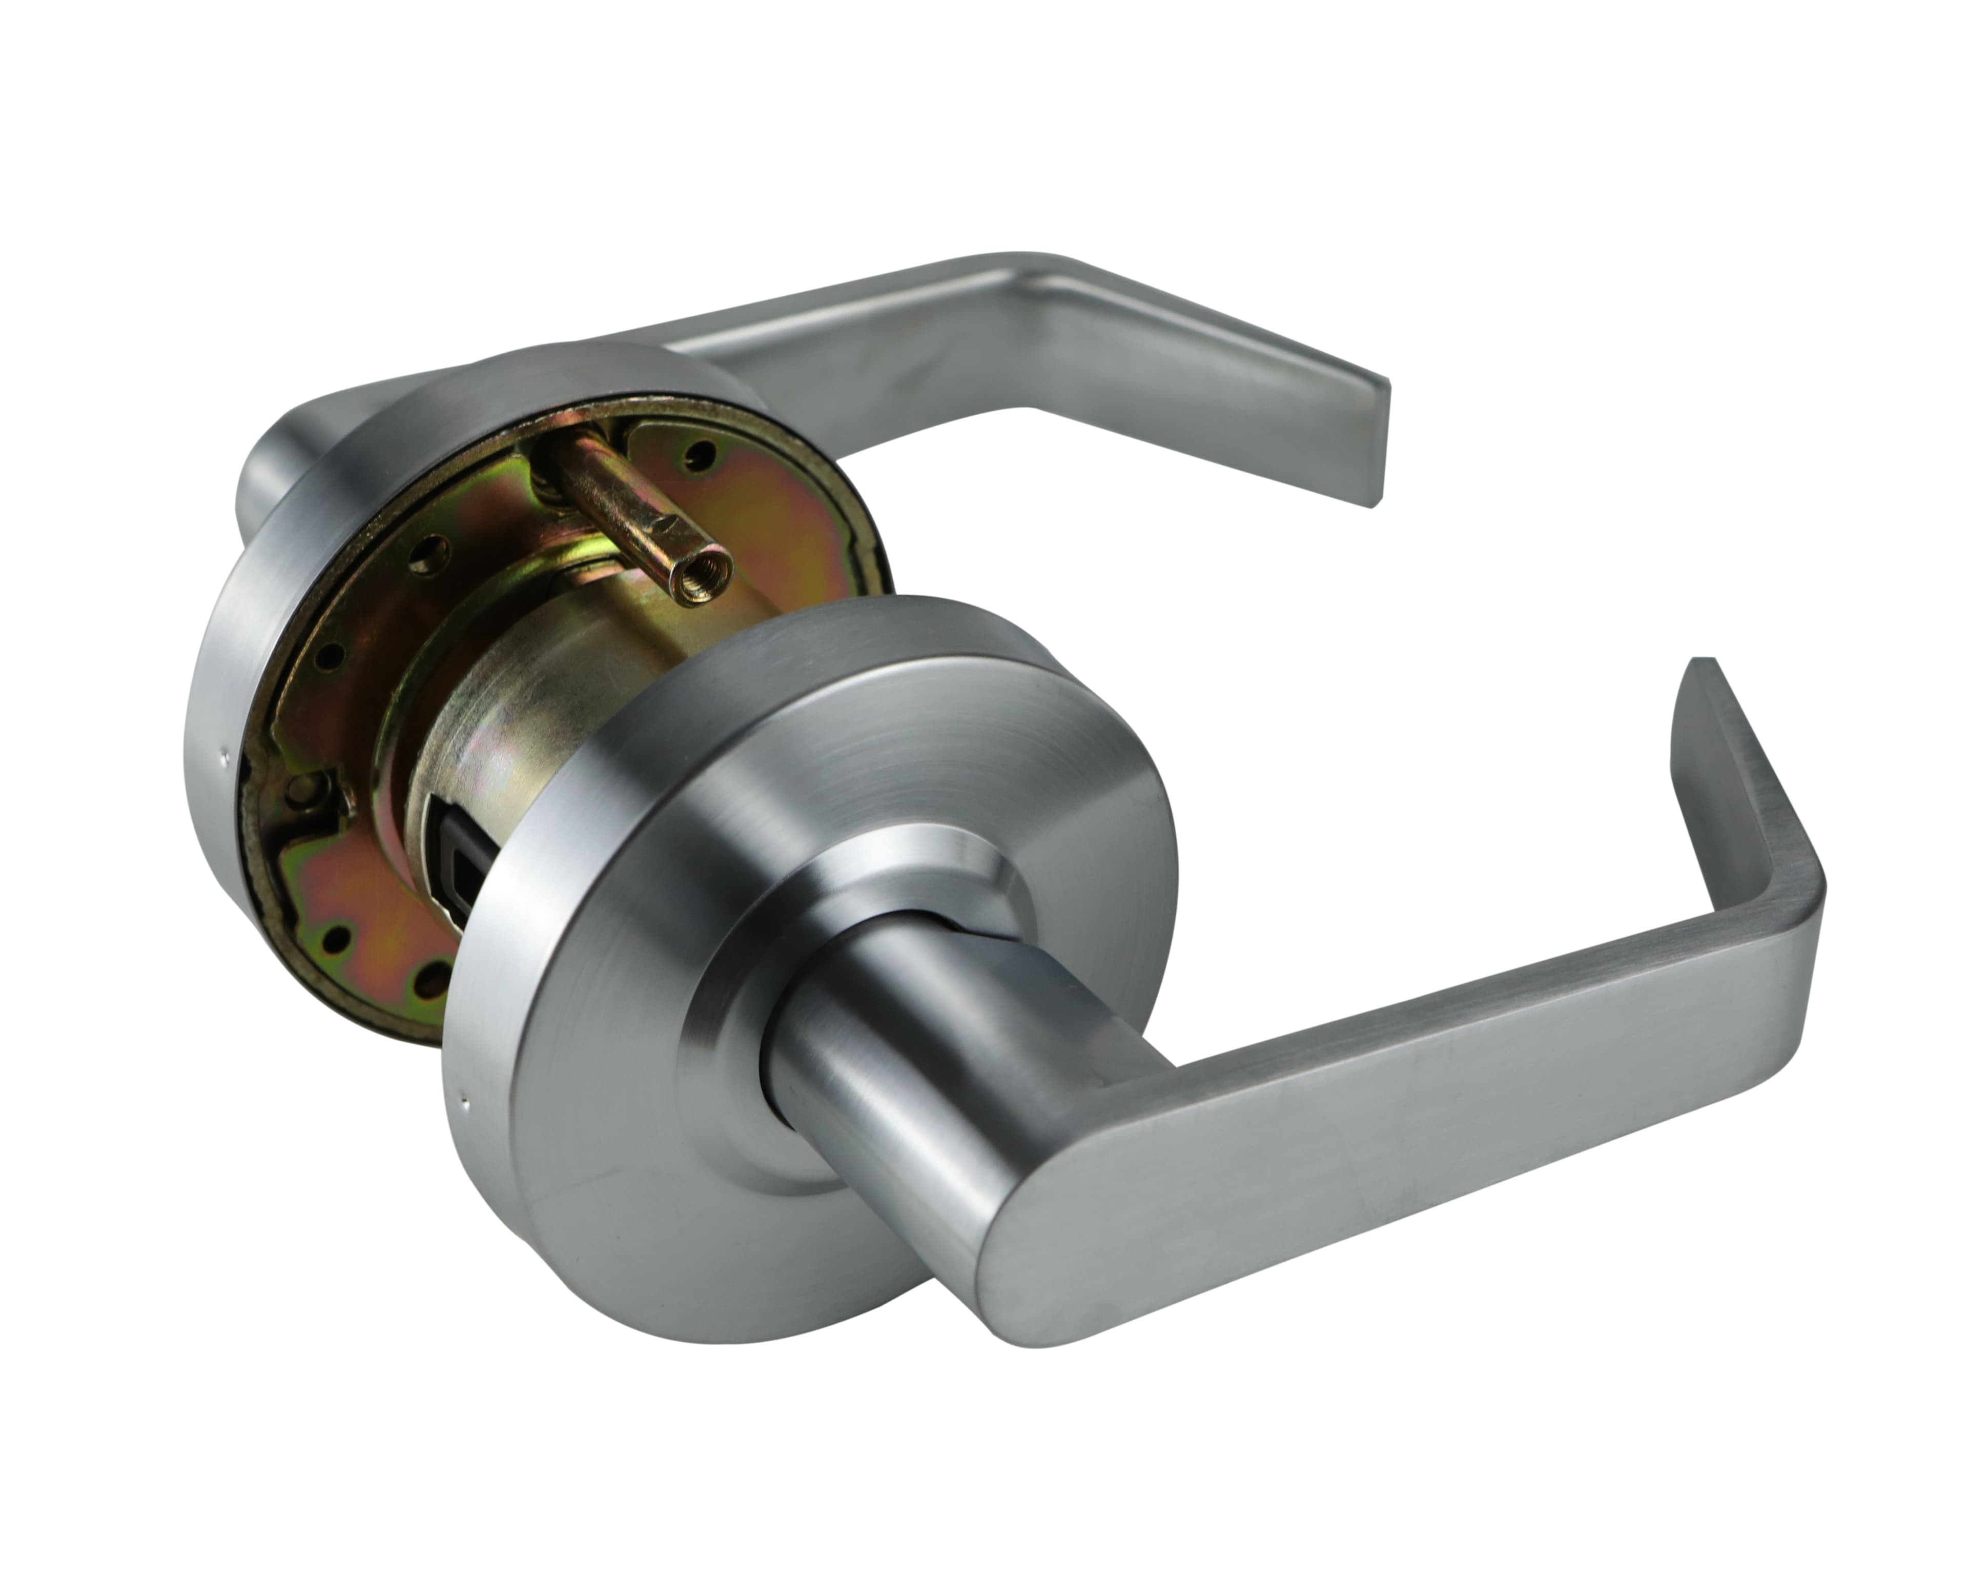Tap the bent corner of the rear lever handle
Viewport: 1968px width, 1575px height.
(1040, 274)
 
